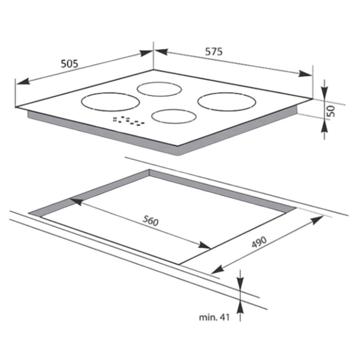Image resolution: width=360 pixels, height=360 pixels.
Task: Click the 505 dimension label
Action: [x=69, y=64]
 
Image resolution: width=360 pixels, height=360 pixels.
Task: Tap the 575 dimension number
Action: [x=214, y=51]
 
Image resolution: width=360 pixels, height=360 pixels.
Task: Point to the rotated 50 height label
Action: [x=331, y=111]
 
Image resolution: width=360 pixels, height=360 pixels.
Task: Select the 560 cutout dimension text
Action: [x=150, y=221]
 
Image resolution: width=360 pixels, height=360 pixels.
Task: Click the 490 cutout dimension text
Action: [x=259, y=242]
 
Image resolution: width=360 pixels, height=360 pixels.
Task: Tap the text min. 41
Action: [x=214, y=317]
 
